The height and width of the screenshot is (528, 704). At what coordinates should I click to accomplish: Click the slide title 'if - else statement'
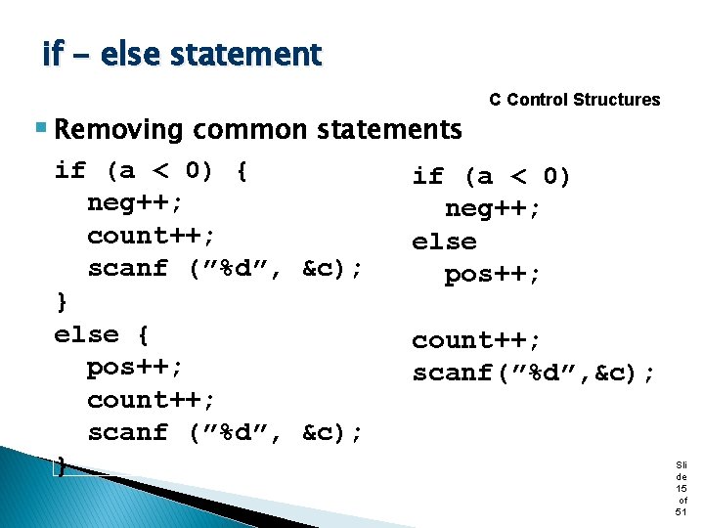(181, 54)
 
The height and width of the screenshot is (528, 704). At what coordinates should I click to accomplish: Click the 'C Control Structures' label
(574, 100)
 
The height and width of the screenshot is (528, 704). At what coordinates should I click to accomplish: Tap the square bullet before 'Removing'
(40, 128)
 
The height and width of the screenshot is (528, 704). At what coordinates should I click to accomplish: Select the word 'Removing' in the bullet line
(119, 129)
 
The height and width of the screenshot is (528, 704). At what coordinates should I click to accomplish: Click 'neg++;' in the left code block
(135, 203)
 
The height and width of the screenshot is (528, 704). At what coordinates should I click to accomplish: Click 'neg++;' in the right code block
(493, 209)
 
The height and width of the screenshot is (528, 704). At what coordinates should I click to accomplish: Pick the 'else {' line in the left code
(102, 334)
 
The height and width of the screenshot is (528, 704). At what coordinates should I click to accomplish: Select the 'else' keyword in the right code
(444, 242)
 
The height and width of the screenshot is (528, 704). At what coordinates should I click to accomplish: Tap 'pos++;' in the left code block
(135, 368)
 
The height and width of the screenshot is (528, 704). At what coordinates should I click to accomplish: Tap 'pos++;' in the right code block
(493, 275)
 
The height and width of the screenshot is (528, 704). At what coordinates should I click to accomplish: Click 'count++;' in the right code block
(476, 340)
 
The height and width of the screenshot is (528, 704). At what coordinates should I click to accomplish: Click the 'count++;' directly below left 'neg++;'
(152, 236)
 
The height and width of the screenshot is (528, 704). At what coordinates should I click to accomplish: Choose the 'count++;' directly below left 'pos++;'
(152, 400)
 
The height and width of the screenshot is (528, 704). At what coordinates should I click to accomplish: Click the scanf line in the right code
(534, 374)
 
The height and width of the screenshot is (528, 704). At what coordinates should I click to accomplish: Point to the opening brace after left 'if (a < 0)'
(242, 171)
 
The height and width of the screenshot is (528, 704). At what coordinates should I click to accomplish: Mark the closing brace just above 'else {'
(62, 301)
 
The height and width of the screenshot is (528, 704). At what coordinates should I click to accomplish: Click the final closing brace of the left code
(62, 465)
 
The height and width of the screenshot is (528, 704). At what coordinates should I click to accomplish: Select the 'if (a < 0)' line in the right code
(492, 176)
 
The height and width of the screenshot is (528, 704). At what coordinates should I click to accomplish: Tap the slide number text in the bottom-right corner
(681, 488)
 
